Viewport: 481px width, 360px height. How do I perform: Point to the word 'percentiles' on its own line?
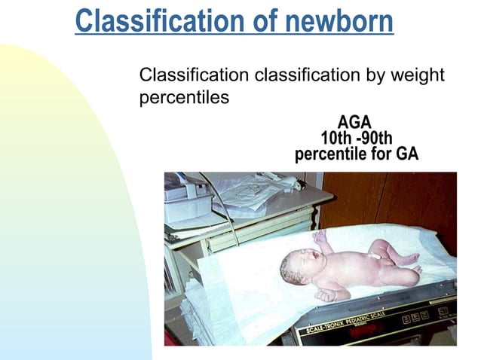[x=184, y=98]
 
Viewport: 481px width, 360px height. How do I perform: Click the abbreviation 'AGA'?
[x=355, y=123]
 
